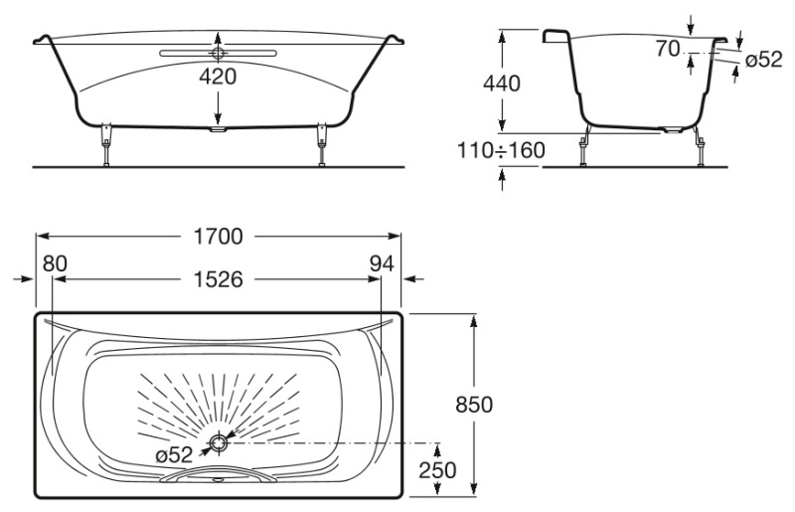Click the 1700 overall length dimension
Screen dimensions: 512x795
coord(219,238)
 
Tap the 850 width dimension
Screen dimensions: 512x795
coord(473,406)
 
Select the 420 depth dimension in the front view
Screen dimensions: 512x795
coord(217,77)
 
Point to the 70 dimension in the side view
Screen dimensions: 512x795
coord(668,47)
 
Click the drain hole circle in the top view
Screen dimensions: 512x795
coord(217,443)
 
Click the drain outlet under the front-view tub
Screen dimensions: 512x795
coord(219,128)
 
